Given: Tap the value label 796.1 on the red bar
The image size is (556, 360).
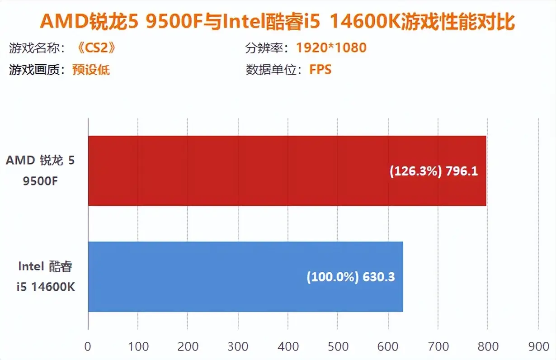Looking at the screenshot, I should click(462, 171).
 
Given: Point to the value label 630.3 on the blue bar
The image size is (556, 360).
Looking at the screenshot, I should click(378, 277).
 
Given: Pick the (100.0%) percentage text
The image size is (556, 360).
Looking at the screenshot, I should click(333, 277).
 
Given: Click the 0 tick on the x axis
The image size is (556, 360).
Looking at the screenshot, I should click(88, 346).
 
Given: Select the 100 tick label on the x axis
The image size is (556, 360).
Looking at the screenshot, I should click(138, 346).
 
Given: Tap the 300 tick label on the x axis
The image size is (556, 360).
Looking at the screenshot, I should click(238, 346).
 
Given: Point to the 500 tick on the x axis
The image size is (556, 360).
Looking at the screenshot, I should click(338, 346).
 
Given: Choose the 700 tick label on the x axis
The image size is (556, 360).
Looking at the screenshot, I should click(438, 346).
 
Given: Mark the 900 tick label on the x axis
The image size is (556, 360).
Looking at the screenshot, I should click(537, 346).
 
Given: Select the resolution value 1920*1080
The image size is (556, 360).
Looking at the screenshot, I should click(331, 47).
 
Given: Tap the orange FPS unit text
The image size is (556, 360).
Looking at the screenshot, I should click(320, 70).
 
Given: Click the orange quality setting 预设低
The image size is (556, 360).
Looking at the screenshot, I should click(91, 70).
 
